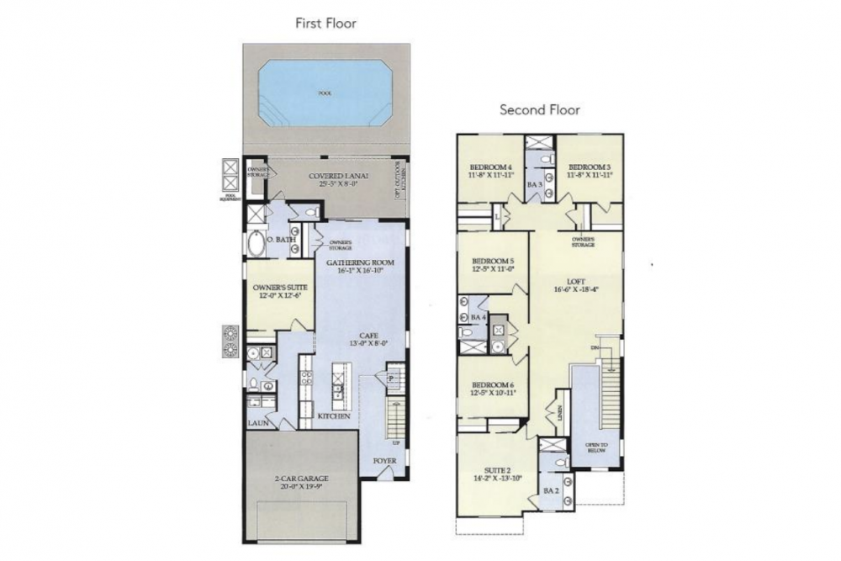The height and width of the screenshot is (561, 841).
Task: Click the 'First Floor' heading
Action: pyautogui.click(x=325, y=24)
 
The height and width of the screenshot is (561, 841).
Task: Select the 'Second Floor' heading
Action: pyautogui.click(x=540, y=109)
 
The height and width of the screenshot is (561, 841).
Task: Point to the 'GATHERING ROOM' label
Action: pyautogui.click(x=360, y=262)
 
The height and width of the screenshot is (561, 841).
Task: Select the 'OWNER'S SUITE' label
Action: pyautogui.click(x=279, y=288)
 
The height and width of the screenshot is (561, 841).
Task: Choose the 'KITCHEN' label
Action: pyautogui.click(x=333, y=415)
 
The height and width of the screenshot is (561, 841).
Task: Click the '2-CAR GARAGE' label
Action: pyautogui.click(x=300, y=479)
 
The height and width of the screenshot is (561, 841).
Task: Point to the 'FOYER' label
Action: pyautogui.click(x=385, y=462)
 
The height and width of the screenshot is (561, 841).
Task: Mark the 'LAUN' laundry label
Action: pyautogui.click(x=258, y=423)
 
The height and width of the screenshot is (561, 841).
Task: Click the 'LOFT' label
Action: pyautogui.click(x=576, y=283)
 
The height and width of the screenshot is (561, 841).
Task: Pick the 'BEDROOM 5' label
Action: pyautogui.click(x=492, y=261)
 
